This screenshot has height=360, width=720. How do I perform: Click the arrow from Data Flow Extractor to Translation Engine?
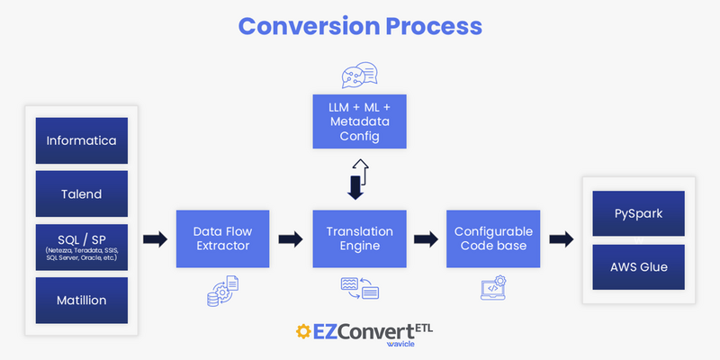(290, 239)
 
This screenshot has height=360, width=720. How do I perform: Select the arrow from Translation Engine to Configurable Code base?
(424, 239)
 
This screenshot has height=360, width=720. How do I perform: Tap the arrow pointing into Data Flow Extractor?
(155, 239)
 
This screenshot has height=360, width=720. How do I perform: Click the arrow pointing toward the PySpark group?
(562, 239)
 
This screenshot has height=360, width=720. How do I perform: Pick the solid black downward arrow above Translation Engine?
(354, 187)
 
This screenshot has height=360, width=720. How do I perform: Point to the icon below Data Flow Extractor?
(222, 289)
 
